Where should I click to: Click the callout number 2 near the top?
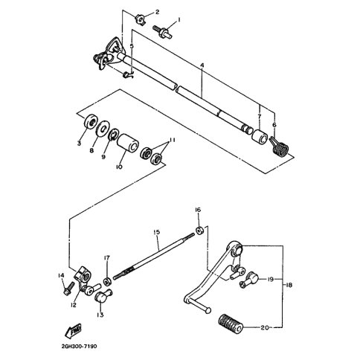pos(157,12)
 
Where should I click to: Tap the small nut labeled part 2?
pos(141,19)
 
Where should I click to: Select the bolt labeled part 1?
pos(163,32)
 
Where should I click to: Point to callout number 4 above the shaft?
pos(202,65)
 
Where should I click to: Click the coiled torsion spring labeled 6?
pos(279,146)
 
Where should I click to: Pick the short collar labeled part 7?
pos(260,136)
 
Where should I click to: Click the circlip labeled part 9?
pos(114,134)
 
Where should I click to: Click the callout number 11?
pos(171,141)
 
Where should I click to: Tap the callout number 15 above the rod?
pos(157,232)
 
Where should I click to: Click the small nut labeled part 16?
pos(199,231)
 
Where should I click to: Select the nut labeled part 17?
pos(107,282)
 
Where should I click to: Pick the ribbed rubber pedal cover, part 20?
pos(231,325)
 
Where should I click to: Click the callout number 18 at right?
pos(289,285)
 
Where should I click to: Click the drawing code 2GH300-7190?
pos(79,346)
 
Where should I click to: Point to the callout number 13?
pos(100,315)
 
